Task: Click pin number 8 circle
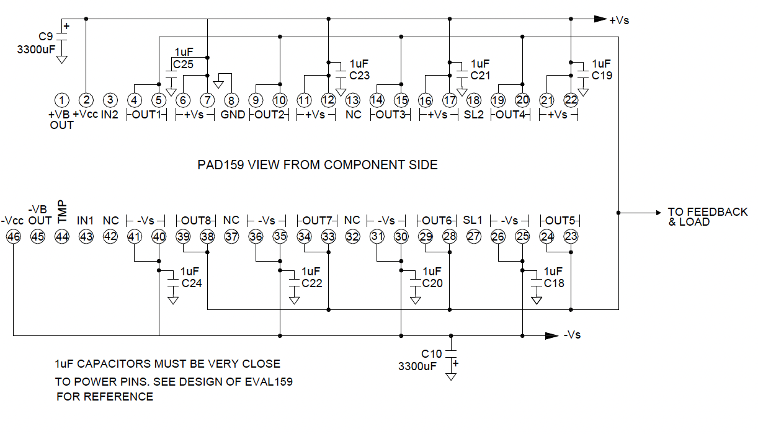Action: click(x=231, y=100)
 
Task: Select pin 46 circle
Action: click(x=14, y=236)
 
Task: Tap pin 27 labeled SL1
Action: click(x=474, y=236)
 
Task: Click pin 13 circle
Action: click(x=352, y=100)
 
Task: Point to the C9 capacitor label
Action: click(x=46, y=36)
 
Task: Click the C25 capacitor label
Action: click(x=183, y=64)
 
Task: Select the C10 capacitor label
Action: click(x=432, y=354)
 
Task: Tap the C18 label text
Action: click(x=554, y=283)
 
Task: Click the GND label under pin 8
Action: click(x=233, y=115)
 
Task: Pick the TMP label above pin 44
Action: click(x=62, y=211)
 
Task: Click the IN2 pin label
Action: click(x=110, y=115)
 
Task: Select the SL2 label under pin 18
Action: click(x=474, y=115)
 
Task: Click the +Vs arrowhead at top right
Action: click(x=600, y=19)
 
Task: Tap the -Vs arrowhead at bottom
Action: click(x=551, y=336)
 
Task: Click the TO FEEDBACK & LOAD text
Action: click(x=708, y=217)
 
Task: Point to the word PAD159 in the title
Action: click(x=221, y=165)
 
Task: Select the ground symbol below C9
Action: click(x=62, y=60)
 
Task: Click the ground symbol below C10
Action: click(x=451, y=376)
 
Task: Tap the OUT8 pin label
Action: click(x=196, y=221)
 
